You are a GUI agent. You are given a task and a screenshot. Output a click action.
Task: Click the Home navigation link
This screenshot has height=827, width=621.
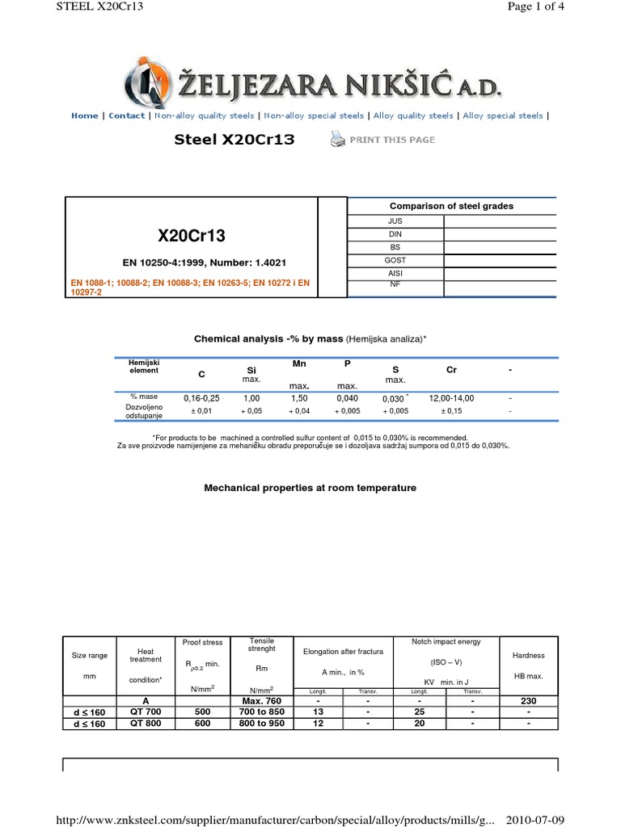tap(84, 115)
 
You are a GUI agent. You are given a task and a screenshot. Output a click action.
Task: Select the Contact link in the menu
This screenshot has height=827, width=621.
tap(127, 115)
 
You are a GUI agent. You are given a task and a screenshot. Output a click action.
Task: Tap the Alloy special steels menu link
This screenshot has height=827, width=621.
tap(503, 115)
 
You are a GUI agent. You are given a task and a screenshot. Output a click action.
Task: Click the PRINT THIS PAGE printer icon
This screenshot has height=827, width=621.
tap(337, 140)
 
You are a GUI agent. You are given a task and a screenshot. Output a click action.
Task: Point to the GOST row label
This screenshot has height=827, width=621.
tap(395, 260)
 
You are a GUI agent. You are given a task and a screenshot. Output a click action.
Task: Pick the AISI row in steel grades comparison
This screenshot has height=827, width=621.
tap(395, 274)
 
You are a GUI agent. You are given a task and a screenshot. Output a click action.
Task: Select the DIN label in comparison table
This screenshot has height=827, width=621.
tap(395, 233)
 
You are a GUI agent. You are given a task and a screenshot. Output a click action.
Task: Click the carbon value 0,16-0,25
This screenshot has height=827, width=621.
tap(201, 398)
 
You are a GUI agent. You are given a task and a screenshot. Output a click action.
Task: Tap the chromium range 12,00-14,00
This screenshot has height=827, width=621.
tap(451, 398)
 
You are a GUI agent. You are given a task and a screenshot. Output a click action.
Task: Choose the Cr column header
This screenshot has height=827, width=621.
tap(451, 369)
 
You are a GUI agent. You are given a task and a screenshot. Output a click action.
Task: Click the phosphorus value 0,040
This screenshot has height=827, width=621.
tap(347, 398)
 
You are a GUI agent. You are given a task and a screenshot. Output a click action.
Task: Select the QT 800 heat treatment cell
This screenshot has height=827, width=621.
tap(146, 724)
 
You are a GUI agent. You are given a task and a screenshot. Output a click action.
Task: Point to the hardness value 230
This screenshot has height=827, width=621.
tap(528, 701)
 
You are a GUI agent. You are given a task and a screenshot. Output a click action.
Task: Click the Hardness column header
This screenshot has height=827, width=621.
tap(528, 655)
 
